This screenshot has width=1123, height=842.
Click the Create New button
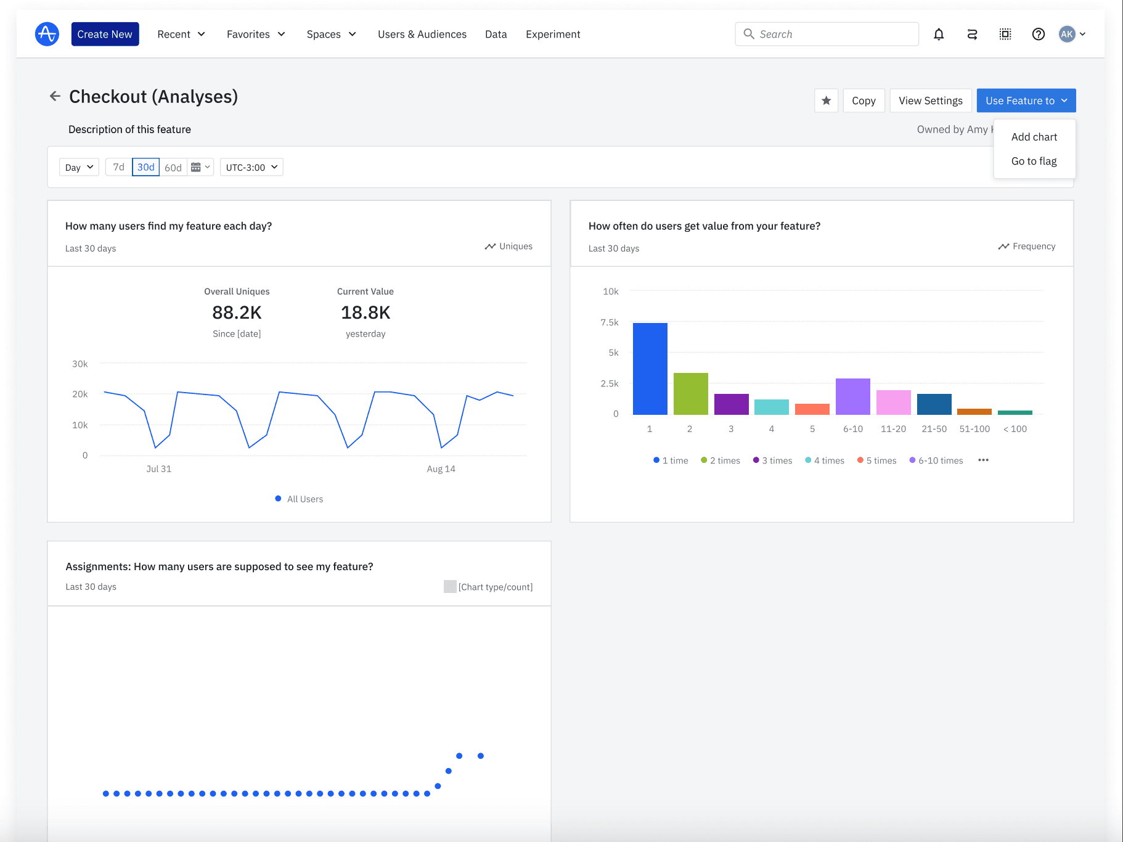105,34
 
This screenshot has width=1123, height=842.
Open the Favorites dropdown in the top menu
255,34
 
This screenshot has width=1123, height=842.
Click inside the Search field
832,34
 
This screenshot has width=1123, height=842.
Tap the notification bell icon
938,34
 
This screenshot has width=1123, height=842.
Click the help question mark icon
1038,34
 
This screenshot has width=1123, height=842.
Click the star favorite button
826,100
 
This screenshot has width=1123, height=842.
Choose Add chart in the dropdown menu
1034,137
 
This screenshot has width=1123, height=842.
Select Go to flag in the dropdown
1034,161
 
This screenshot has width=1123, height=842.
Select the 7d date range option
118,167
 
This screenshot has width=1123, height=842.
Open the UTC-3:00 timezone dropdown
251,167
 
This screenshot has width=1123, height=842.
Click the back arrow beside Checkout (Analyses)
55,96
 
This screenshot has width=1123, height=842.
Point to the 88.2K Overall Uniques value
237,313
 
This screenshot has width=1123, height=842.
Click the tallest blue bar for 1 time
650,369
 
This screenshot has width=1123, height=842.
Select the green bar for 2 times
690,393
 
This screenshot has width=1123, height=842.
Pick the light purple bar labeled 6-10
852,396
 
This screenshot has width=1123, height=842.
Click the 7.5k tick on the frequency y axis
609,322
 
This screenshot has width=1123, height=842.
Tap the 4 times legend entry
825,460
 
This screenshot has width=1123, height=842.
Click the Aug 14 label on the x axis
441,468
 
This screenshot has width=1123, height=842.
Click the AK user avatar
1067,34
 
